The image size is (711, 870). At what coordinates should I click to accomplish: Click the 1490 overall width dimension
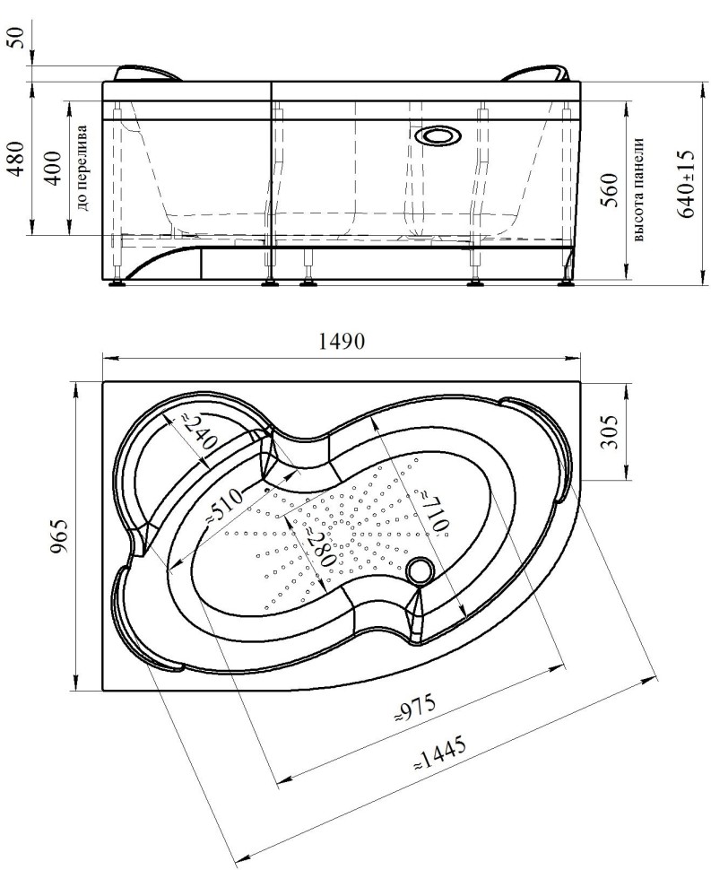pos(342,341)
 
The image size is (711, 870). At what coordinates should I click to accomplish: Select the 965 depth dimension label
pos(59,535)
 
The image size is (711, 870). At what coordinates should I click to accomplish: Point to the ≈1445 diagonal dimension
pos(440,753)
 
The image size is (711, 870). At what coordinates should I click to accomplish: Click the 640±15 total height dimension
pos(686,184)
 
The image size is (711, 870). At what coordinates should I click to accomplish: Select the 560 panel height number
pos(610,190)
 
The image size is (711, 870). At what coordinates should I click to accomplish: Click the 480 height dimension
pos(18,158)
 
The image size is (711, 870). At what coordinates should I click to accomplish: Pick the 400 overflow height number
pos(53,168)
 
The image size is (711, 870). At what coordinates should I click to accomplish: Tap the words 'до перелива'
pos(82,168)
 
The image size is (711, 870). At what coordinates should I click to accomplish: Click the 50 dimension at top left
pos(18,38)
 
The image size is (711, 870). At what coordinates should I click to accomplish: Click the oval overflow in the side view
pos(438,136)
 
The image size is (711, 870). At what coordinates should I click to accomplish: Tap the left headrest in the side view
pos(148,74)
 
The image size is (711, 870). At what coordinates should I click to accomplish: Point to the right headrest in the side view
pos(537,74)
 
